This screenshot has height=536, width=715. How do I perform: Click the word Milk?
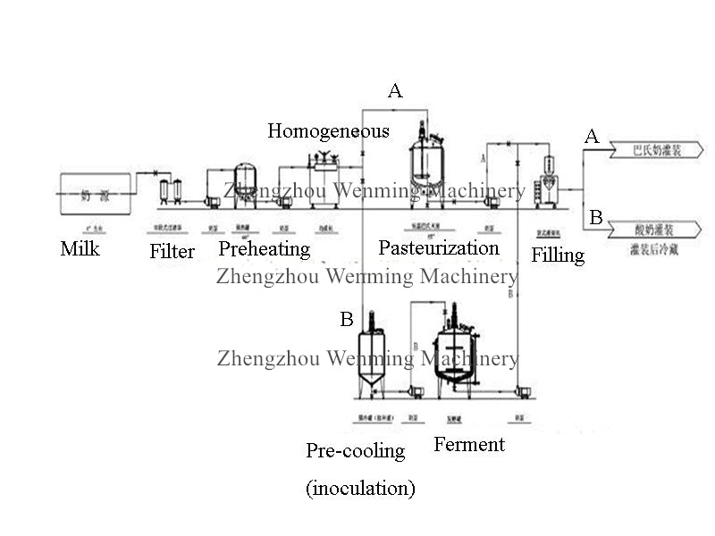80,248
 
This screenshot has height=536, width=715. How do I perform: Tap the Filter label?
172,252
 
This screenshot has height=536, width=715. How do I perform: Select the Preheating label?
265,248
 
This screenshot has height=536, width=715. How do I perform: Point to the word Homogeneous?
328,131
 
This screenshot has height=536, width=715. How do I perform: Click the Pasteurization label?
438,247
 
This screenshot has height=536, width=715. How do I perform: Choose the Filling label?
558,255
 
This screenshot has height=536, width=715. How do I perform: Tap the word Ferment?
469,445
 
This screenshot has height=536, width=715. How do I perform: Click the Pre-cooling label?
355,451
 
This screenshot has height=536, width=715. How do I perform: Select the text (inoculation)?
360,488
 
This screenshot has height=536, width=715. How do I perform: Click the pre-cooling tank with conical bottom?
371,362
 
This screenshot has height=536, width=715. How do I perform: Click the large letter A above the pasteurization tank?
395,90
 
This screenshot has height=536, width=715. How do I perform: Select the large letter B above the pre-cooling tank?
347,320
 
